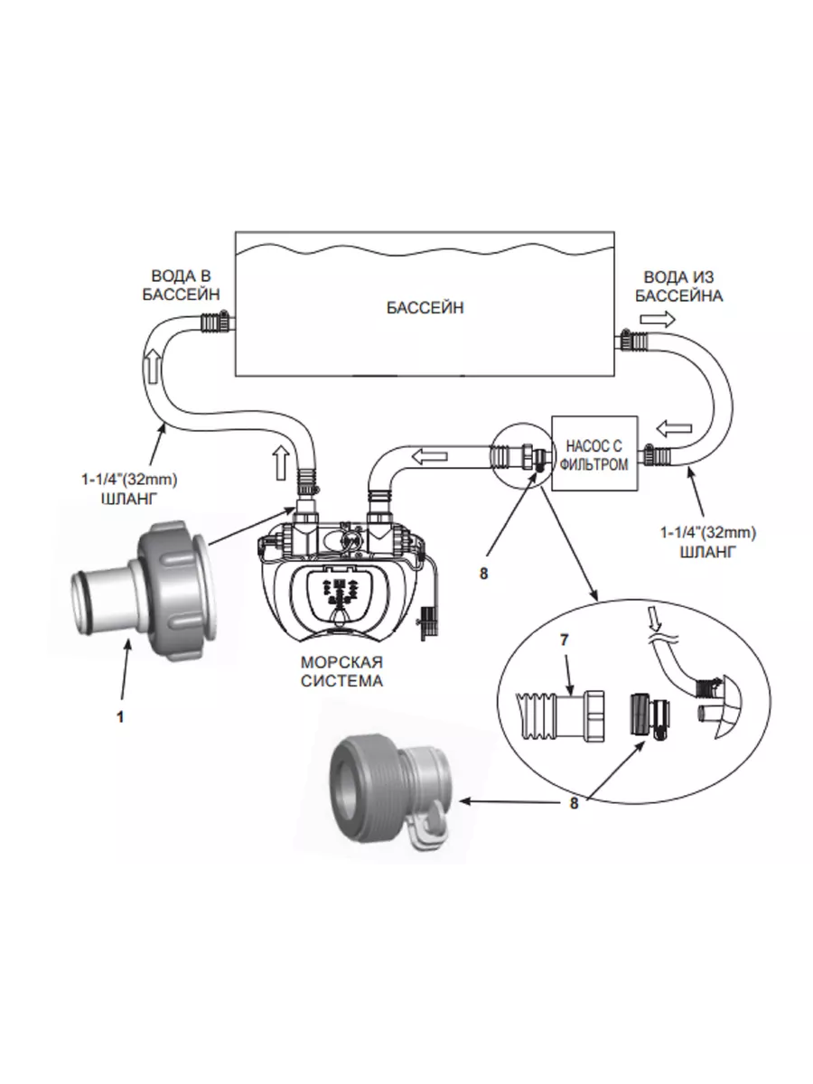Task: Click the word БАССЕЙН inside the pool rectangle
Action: point(425,307)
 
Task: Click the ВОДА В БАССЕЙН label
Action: point(182,285)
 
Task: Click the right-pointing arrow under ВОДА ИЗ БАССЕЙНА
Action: point(658,319)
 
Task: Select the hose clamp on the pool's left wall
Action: point(215,321)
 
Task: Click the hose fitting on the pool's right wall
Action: point(631,341)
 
